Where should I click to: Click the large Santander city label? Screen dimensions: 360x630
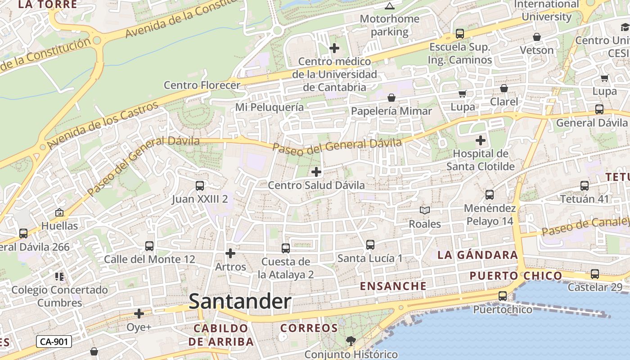pyautogui.click(x=240, y=301)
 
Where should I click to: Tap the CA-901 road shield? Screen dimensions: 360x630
pyautogui.click(x=54, y=342)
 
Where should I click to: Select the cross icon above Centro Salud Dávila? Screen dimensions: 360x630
pyautogui.click(x=316, y=171)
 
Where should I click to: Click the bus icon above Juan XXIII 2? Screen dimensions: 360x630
pyautogui.click(x=200, y=185)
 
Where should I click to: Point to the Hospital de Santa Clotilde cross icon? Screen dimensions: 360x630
pyautogui.click(x=481, y=140)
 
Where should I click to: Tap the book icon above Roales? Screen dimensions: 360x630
pyautogui.click(x=424, y=210)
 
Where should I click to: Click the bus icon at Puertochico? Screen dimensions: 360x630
pyautogui.click(x=503, y=296)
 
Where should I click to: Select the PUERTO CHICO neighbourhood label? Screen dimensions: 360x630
pyautogui.click(x=516, y=275)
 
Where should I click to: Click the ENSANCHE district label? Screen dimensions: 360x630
pyautogui.click(x=393, y=286)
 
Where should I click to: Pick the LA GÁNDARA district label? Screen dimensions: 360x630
pyautogui.click(x=477, y=255)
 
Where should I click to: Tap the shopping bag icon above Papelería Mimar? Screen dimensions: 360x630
pyautogui.click(x=391, y=98)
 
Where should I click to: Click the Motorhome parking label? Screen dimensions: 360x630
pyautogui.click(x=390, y=25)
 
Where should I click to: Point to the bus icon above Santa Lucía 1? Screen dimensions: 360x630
pyautogui.click(x=370, y=245)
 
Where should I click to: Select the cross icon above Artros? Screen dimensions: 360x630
pyautogui.click(x=230, y=253)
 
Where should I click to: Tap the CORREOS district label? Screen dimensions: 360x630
pyautogui.click(x=309, y=328)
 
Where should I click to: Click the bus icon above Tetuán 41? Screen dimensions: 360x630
pyautogui.click(x=584, y=185)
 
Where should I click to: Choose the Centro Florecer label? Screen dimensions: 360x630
pyautogui.click(x=202, y=85)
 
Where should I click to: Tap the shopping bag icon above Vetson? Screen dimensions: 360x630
pyautogui.click(x=536, y=37)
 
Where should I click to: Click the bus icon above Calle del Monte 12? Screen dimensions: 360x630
pyautogui.click(x=149, y=246)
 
